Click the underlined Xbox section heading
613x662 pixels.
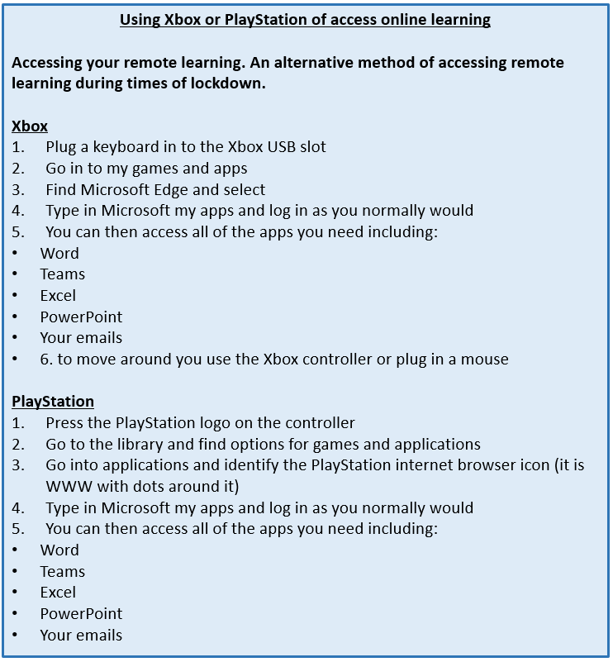[30, 126]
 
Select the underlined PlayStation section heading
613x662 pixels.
[53, 402]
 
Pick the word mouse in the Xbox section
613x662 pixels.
[487, 359]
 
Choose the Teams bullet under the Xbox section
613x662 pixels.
[63, 274]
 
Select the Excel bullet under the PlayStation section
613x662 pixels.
[58, 593]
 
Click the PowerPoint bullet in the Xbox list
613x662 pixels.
[81, 317]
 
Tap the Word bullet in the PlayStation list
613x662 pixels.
[59, 550]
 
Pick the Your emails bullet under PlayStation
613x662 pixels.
[81, 635]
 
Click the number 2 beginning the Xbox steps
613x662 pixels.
[18, 169]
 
